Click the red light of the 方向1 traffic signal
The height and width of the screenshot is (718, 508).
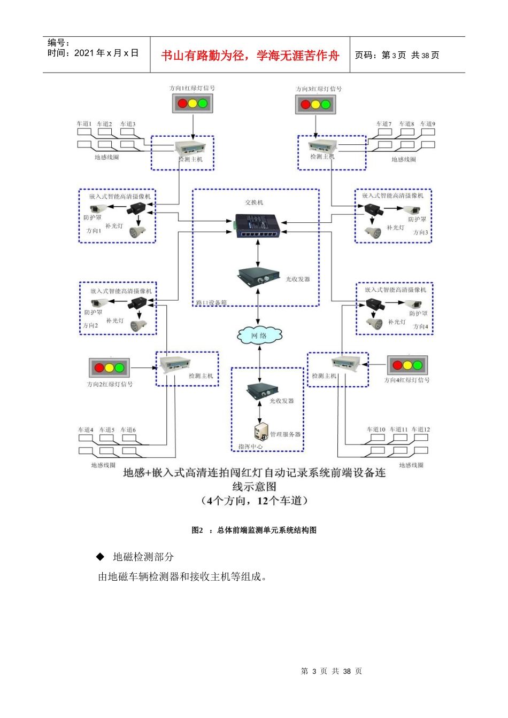click(182, 103)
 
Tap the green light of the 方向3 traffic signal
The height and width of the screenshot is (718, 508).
click(326, 104)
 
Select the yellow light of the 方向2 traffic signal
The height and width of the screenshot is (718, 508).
click(110, 368)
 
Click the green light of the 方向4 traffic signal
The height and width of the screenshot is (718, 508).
click(418, 365)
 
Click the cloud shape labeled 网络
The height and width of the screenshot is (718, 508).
click(259, 335)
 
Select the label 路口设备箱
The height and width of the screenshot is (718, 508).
click(211, 303)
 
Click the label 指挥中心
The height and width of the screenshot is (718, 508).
click(250, 447)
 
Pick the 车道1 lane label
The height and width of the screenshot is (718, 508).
click(84, 124)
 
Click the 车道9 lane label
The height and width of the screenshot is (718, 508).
click(428, 124)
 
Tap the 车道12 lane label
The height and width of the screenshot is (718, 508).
click(421, 430)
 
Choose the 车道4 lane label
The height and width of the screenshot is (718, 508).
click(86, 430)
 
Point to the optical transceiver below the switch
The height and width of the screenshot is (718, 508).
click(259, 277)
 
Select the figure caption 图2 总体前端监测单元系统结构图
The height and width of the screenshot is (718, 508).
click(254, 530)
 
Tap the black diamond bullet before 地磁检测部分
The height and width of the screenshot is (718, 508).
click(100, 557)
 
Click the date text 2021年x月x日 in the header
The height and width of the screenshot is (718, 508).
click(106, 53)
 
